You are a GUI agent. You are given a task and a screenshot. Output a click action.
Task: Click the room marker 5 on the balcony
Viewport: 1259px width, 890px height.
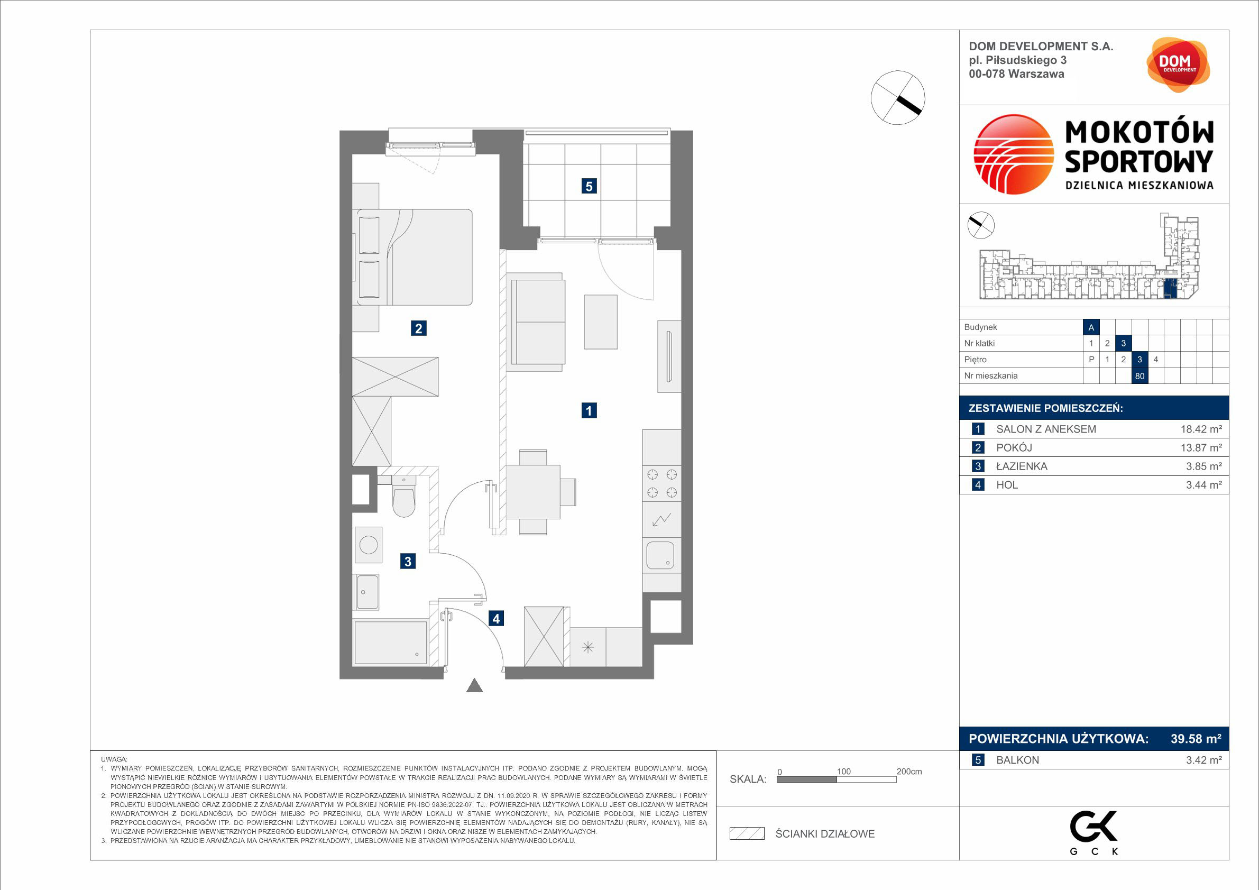coord(589,187)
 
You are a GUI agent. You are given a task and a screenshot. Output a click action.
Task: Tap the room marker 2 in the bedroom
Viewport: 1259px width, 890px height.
coord(418,328)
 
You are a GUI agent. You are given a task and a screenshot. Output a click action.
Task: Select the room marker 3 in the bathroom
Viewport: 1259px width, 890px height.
coord(408,561)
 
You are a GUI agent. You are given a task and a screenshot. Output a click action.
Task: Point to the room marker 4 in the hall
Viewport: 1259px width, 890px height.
coord(497,619)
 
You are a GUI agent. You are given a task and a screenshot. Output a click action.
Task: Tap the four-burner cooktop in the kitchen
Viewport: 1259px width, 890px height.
coord(662,483)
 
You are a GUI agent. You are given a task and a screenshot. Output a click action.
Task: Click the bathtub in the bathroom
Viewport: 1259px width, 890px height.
coord(390,642)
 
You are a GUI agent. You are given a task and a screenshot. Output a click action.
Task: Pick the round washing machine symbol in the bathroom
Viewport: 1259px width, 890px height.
coord(368,545)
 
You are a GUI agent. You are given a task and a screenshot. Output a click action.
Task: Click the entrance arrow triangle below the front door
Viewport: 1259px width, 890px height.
coord(474,685)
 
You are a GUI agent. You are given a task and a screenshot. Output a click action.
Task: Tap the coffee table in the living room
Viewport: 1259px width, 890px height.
coord(601,322)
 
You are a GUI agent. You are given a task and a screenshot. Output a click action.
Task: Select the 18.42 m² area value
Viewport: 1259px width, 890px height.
coord(1201,429)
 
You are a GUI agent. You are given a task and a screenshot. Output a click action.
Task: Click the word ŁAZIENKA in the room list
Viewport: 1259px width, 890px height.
coord(1022,466)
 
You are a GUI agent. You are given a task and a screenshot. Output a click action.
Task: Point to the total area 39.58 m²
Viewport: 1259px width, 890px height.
coord(1196,739)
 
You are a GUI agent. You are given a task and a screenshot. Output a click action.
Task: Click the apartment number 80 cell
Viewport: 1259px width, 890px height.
coord(1139,376)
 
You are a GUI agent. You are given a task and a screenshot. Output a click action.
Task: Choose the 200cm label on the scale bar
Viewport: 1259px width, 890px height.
coord(909,771)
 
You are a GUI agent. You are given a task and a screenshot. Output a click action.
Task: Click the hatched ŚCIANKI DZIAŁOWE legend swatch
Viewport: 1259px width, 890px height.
coord(747,833)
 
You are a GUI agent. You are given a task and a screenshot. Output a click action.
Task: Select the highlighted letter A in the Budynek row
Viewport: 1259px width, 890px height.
coord(1091,327)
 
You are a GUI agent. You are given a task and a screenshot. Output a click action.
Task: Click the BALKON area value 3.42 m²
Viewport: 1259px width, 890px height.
coord(1203,760)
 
